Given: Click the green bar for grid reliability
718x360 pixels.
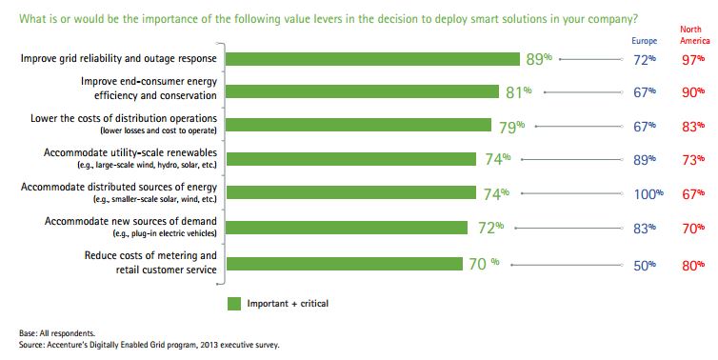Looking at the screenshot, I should coord(371,59).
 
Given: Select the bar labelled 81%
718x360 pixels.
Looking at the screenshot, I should coord(362,92).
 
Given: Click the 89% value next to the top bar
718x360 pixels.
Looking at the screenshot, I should coord(539,59).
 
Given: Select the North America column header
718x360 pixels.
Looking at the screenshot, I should coord(691,35).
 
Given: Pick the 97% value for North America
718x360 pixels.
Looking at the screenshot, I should coord(692,59).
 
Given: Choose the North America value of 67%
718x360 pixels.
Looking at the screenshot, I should coord(692,193).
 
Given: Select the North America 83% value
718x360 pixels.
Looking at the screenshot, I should coord(692,126).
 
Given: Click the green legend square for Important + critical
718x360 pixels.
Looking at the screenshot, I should coord(233,304).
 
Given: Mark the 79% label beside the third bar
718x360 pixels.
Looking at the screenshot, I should coord(511,126).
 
